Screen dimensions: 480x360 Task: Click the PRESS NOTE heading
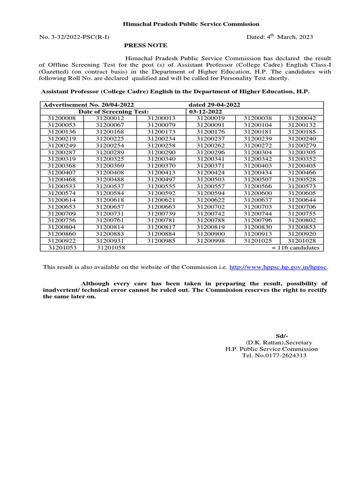pos(145,45)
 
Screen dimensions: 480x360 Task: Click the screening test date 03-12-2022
pos(205,112)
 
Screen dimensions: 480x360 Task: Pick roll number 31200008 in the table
pos(61,119)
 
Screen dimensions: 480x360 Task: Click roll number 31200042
pos(301,119)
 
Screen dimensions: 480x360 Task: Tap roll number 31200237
pos(210,139)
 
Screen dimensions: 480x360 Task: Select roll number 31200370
pos(161,166)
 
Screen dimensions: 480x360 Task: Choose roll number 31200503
pos(210,193)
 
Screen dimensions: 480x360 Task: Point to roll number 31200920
pos(301,234)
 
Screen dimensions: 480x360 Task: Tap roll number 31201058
pos(111,247)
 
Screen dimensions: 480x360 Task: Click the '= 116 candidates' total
pos(295,247)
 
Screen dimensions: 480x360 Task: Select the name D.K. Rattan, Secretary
pos(282,343)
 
